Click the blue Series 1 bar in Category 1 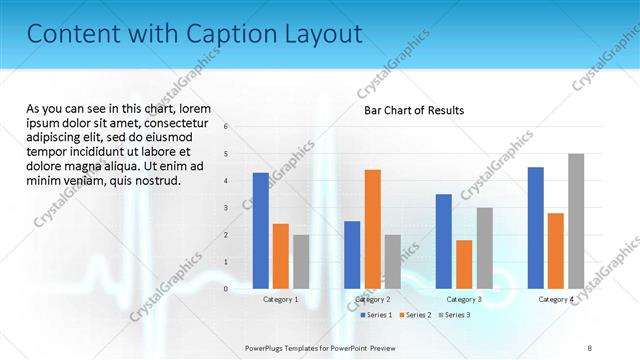pos(260,230)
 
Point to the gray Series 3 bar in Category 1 pos(301,261)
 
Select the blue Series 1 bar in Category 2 pos(352,254)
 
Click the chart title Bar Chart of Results pos(413,110)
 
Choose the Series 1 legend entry pos(376,315)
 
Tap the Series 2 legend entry pos(414,315)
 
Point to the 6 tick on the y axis pos(227,127)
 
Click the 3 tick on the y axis pos(227,208)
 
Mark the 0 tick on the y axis pos(227,289)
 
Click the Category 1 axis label pos(281,299)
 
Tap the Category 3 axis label pos(464,299)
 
